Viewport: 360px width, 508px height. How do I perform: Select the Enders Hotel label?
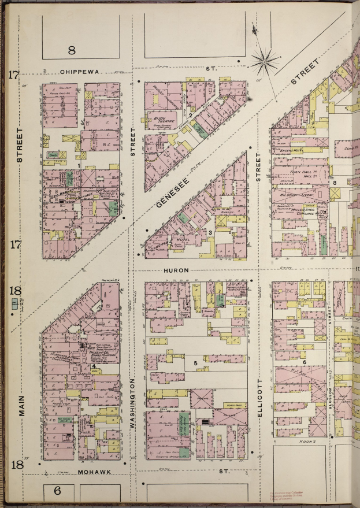pyautogui.click(x=294, y=151)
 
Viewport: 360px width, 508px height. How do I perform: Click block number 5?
pyautogui.click(x=196, y=364)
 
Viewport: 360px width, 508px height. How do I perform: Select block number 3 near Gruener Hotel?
pyautogui.click(x=211, y=232)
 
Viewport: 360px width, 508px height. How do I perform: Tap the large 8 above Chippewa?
pyautogui.click(x=72, y=50)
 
